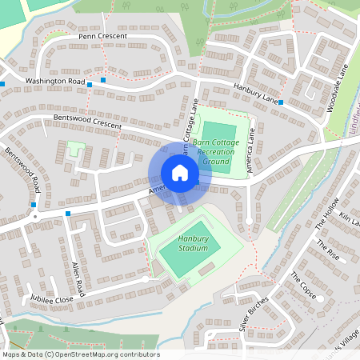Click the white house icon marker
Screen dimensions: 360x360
coord(179,173)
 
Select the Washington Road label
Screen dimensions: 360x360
coord(54,82)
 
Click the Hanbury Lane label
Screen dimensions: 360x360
coord(254,94)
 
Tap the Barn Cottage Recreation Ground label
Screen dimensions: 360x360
coord(217,152)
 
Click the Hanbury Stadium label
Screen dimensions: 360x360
coord(193,243)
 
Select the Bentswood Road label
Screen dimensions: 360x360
coord(22,170)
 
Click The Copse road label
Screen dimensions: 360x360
coord(303,286)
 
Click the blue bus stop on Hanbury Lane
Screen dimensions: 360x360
coord(280,102)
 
